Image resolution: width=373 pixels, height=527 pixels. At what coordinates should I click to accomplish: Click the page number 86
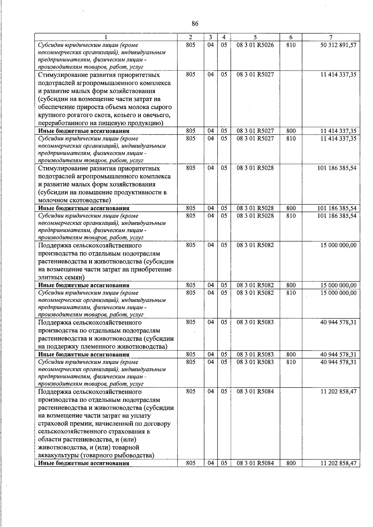(195, 24)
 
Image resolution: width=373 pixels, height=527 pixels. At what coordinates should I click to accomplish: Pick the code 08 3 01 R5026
(255, 45)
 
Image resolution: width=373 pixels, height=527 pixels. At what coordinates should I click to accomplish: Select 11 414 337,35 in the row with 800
(338, 131)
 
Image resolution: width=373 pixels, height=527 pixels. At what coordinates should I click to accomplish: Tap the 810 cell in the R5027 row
(291, 139)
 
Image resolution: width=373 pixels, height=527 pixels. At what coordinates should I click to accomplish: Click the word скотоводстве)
(88, 200)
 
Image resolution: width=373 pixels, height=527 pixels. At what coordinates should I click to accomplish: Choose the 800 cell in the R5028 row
(291, 208)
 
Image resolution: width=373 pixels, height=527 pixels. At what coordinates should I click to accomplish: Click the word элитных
(50, 277)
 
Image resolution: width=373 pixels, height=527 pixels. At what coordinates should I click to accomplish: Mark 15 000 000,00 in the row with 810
(338, 293)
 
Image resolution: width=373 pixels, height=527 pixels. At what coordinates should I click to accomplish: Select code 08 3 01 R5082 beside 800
(255, 285)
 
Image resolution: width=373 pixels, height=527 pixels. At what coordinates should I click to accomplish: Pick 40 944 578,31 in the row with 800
(338, 354)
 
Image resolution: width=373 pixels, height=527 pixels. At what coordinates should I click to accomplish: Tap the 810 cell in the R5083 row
(291, 362)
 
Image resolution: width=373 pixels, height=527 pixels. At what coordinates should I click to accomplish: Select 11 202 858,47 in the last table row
(338, 463)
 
